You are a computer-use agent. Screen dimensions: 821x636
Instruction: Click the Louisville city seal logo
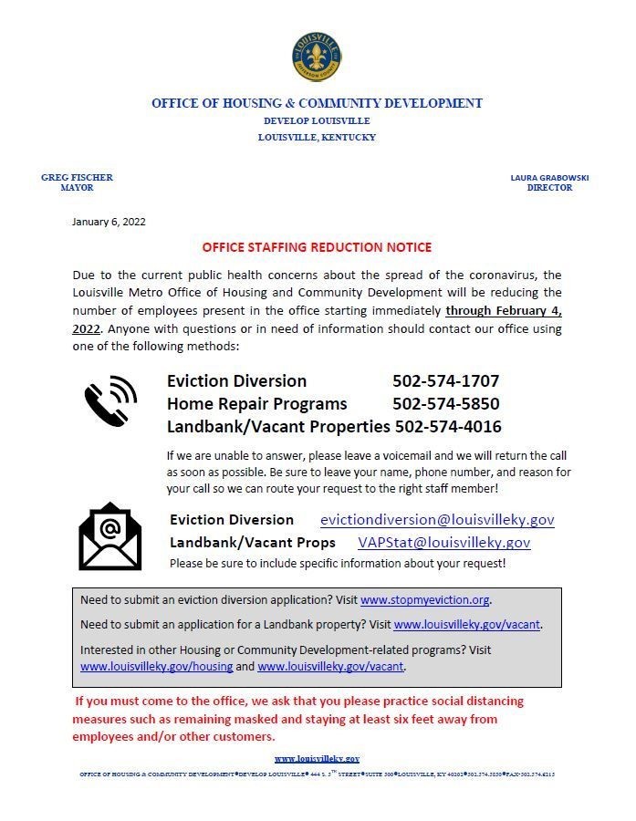[317, 57]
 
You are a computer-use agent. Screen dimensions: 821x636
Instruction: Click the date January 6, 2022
[109, 222]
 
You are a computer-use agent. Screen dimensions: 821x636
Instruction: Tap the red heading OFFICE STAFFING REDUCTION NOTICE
[317, 247]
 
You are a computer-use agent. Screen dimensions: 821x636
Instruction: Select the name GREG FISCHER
[77, 178]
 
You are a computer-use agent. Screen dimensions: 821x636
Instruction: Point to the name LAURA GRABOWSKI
[549, 178]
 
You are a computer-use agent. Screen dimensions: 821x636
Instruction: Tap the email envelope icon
[110, 536]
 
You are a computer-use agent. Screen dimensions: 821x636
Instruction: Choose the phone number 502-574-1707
[445, 381]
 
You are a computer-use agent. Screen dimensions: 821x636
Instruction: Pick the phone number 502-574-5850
[445, 403]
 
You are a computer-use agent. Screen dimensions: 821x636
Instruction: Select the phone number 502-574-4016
[447, 426]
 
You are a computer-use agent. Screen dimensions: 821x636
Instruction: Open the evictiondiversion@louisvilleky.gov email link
[437, 520]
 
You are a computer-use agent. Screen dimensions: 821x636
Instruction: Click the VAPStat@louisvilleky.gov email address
[443, 543]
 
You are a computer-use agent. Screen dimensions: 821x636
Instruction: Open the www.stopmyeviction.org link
[425, 600]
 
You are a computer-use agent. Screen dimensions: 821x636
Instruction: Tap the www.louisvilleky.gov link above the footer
[317, 759]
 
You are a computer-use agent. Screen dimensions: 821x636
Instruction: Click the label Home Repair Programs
[256, 403]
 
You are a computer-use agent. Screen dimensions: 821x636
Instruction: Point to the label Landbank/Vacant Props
[252, 543]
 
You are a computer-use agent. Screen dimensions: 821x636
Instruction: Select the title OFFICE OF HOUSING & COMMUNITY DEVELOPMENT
[317, 103]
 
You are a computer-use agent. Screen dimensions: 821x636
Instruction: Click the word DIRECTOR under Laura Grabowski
[549, 188]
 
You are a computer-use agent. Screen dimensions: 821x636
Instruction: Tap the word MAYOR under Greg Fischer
[77, 188]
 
